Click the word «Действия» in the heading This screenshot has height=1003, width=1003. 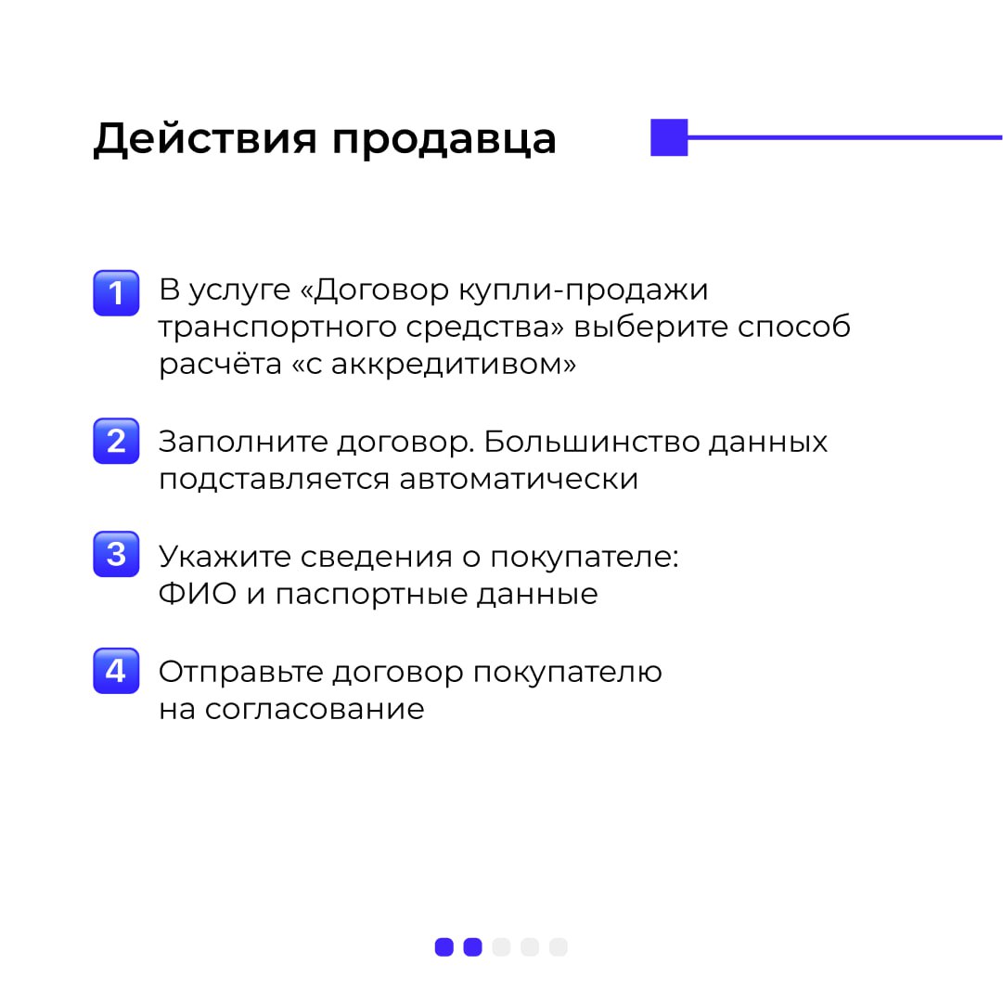click(x=205, y=139)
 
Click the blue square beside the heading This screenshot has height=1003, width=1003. click(x=669, y=137)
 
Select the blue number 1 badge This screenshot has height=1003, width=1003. click(x=116, y=293)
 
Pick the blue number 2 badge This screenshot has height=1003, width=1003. click(x=116, y=441)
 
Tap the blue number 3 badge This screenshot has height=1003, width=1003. click(x=116, y=554)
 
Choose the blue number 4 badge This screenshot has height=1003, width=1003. click(x=116, y=671)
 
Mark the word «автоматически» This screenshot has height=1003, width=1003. click(x=519, y=480)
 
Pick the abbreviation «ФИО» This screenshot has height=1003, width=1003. click(x=198, y=594)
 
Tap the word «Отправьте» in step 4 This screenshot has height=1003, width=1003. click(x=240, y=673)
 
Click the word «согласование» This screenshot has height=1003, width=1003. click(x=315, y=710)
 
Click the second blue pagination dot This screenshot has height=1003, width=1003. click(x=472, y=946)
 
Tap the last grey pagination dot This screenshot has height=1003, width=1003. click(x=559, y=946)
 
